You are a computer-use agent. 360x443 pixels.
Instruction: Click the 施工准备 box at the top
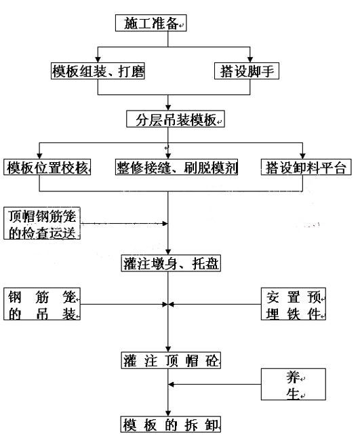151,23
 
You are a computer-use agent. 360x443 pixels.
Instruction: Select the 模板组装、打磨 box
98,71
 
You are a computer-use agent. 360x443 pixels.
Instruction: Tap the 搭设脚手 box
247,71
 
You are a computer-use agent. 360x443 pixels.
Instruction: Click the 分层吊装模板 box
176,119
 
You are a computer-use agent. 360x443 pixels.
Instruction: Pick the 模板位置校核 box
47,167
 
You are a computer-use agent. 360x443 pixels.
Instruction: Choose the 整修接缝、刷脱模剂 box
176,167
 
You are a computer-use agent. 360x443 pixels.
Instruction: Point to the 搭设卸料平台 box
306,167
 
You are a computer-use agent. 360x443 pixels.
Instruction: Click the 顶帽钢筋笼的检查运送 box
42,223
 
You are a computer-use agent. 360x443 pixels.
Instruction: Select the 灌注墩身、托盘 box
171,263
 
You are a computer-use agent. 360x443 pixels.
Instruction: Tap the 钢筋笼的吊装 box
42,304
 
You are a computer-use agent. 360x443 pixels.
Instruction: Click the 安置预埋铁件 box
294,304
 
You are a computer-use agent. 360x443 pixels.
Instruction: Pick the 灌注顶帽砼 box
171,360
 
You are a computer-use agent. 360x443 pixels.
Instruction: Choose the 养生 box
294,384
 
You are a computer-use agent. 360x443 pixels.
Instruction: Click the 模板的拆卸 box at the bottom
171,424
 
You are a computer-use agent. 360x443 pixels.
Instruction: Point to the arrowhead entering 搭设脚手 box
250,60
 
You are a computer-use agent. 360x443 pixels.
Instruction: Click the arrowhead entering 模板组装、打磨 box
98,60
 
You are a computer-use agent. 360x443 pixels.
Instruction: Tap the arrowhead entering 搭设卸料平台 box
302,156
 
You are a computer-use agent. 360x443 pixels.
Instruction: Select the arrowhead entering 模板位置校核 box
39,156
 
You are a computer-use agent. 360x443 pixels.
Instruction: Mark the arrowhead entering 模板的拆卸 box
168,413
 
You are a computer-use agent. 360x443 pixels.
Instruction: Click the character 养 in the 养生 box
293,377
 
